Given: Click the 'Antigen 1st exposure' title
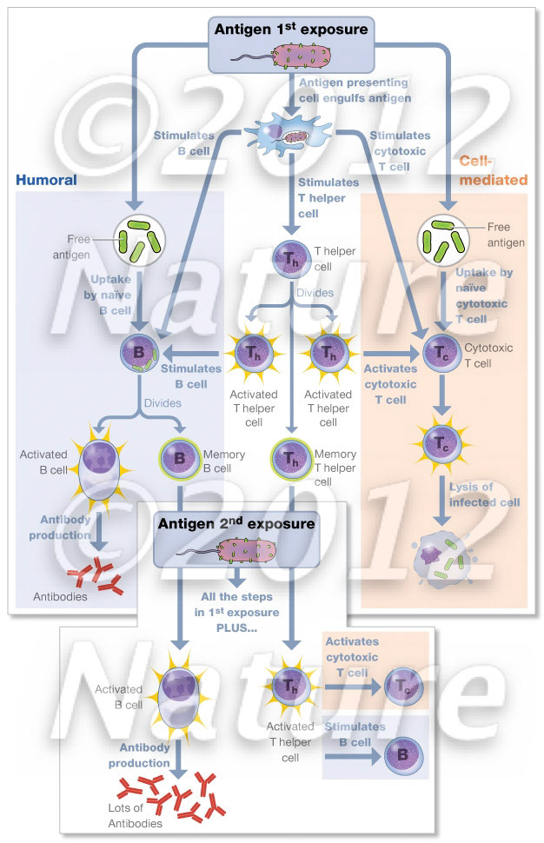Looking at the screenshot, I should pos(291,29).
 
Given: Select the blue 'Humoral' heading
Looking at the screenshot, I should pos(46,180).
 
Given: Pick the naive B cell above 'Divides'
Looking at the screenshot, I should pos(140,353).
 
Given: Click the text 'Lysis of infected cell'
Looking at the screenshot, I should pos(484,495).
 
